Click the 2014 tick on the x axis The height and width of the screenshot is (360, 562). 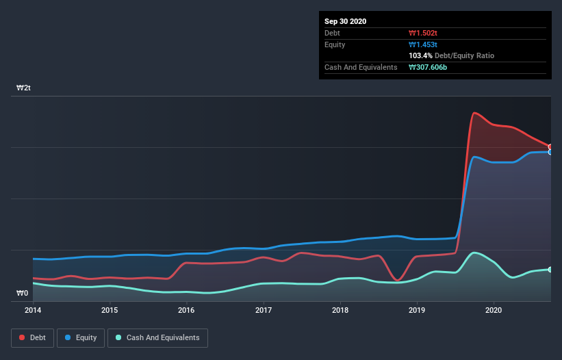[32, 310]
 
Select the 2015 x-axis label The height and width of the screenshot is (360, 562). [110, 310]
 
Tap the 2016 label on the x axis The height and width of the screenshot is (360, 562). [186, 310]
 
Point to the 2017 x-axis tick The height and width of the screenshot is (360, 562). [264, 310]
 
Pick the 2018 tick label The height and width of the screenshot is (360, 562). [340, 310]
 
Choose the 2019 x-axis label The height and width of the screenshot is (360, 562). [418, 310]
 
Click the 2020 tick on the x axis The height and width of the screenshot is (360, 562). [494, 310]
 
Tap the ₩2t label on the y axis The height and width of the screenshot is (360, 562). [24, 88]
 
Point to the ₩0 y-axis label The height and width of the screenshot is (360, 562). [23, 294]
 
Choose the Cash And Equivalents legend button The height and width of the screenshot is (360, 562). [157, 337]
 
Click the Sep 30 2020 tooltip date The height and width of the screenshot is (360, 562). [346, 21]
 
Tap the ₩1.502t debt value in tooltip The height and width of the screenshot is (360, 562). [422, 33]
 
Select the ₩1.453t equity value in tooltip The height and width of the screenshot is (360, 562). [422, 44]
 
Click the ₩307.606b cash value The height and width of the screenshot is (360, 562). [429, 67]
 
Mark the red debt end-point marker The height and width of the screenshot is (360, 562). [550, 147]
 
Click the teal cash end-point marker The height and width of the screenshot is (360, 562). [550, 270]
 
